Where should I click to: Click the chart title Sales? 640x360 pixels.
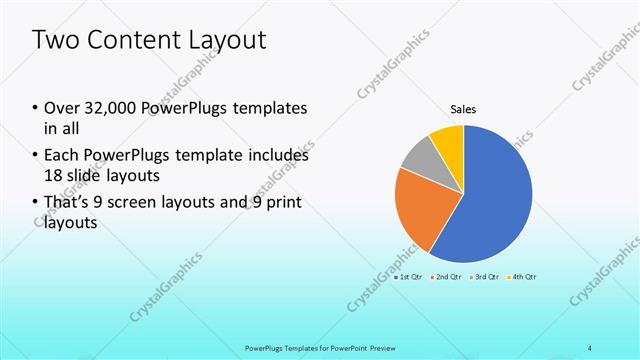point(463,108)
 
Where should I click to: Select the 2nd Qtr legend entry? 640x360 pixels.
point(446,276)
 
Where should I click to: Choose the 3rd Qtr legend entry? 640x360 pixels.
point(484,276)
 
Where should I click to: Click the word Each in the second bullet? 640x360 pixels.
point(61,156)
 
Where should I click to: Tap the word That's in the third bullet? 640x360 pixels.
point(67,204)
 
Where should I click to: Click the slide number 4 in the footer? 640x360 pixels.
point(590,347)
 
